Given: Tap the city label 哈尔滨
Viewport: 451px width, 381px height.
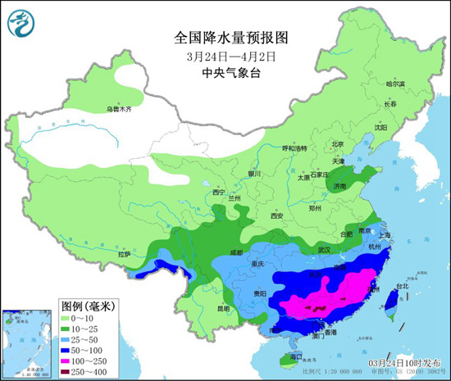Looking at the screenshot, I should pos(395,84).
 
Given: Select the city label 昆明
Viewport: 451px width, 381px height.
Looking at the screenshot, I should pos(224,309).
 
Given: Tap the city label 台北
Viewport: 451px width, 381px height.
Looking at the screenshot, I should pos(402,287).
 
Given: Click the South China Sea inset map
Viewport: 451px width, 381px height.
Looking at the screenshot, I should pos(27,340).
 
